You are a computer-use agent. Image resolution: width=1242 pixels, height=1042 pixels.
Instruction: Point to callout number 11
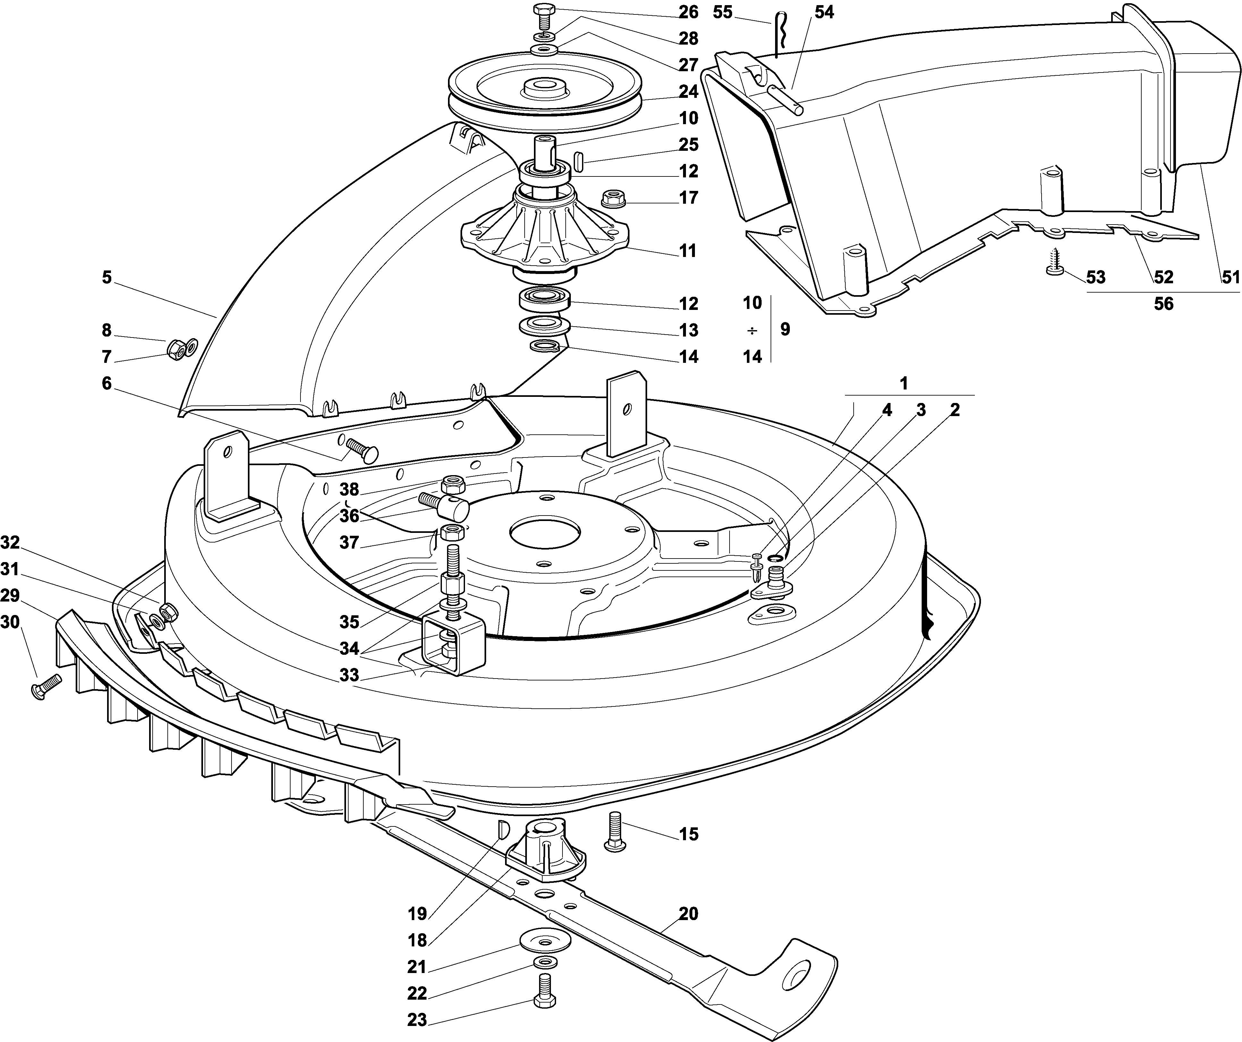[688, 251]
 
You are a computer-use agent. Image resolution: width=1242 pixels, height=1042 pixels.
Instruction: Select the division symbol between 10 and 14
[752, 330]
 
